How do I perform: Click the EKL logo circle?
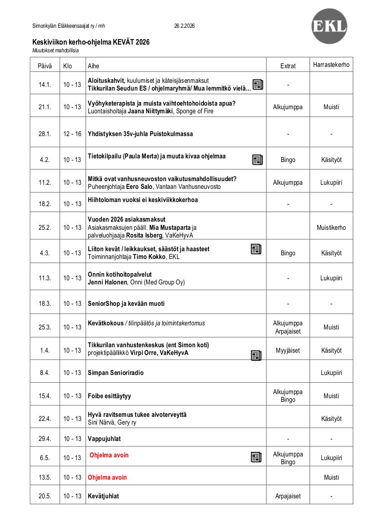[329, 26]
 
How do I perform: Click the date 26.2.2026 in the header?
[184, 26]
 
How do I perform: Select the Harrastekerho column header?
[331, 65]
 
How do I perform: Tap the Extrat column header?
[288, 66]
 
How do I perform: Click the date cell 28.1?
[45, 134]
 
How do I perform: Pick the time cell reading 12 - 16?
[72, 134]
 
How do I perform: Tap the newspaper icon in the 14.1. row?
[258, 85]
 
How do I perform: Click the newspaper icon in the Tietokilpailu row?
[257, 159]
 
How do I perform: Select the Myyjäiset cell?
[288, 350]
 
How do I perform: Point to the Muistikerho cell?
[331, 228]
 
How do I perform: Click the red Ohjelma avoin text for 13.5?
[107, 477]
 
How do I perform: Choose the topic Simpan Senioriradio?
[116, 373]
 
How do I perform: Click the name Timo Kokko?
[149, 257]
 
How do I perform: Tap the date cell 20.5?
[45, 496]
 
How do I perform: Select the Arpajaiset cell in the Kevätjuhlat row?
[288, 496]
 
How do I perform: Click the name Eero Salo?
[139, 187]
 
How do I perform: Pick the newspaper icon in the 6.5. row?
[256, 457]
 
